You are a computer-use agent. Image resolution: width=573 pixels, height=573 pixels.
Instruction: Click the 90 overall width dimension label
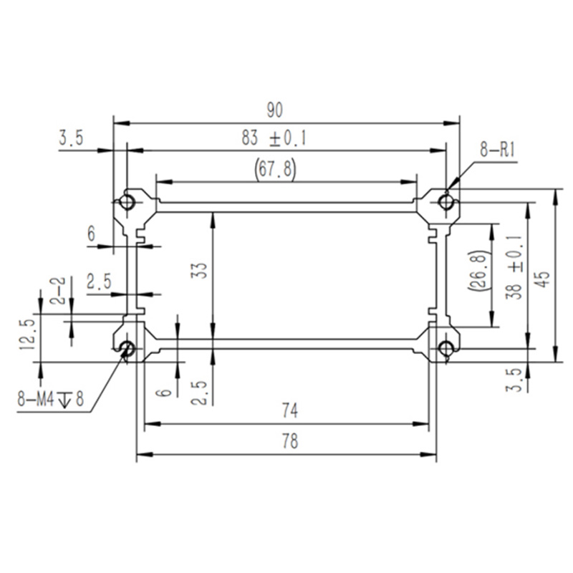274,110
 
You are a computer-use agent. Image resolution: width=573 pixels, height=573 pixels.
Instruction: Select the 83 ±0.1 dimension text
274,138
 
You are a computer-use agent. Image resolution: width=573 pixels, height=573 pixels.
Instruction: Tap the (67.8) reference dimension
275,169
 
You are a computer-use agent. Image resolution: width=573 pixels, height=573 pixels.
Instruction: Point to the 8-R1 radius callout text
497,150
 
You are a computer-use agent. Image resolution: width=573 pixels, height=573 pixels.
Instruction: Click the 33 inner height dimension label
200,271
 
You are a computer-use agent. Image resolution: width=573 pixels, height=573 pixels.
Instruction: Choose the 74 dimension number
290,410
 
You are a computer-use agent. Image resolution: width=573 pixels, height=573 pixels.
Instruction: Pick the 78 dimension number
290,441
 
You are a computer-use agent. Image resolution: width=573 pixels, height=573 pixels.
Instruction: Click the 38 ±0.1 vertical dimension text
514,267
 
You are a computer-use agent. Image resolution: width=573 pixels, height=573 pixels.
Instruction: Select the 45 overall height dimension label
544,279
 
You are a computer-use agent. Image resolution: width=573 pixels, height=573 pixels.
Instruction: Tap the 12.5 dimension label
27,334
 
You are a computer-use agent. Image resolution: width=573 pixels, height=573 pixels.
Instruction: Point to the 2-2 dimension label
57,291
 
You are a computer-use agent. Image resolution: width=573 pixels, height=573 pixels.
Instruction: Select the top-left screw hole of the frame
127,201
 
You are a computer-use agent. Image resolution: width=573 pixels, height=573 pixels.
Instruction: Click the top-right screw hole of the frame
446,202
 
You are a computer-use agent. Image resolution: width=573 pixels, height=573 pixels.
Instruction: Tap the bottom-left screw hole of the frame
127,348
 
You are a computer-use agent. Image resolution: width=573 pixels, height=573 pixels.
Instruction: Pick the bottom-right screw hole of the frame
446,348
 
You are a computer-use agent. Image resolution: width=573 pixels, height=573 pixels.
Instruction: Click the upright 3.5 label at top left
71,138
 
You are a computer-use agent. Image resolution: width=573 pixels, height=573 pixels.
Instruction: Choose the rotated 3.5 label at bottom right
514,380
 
